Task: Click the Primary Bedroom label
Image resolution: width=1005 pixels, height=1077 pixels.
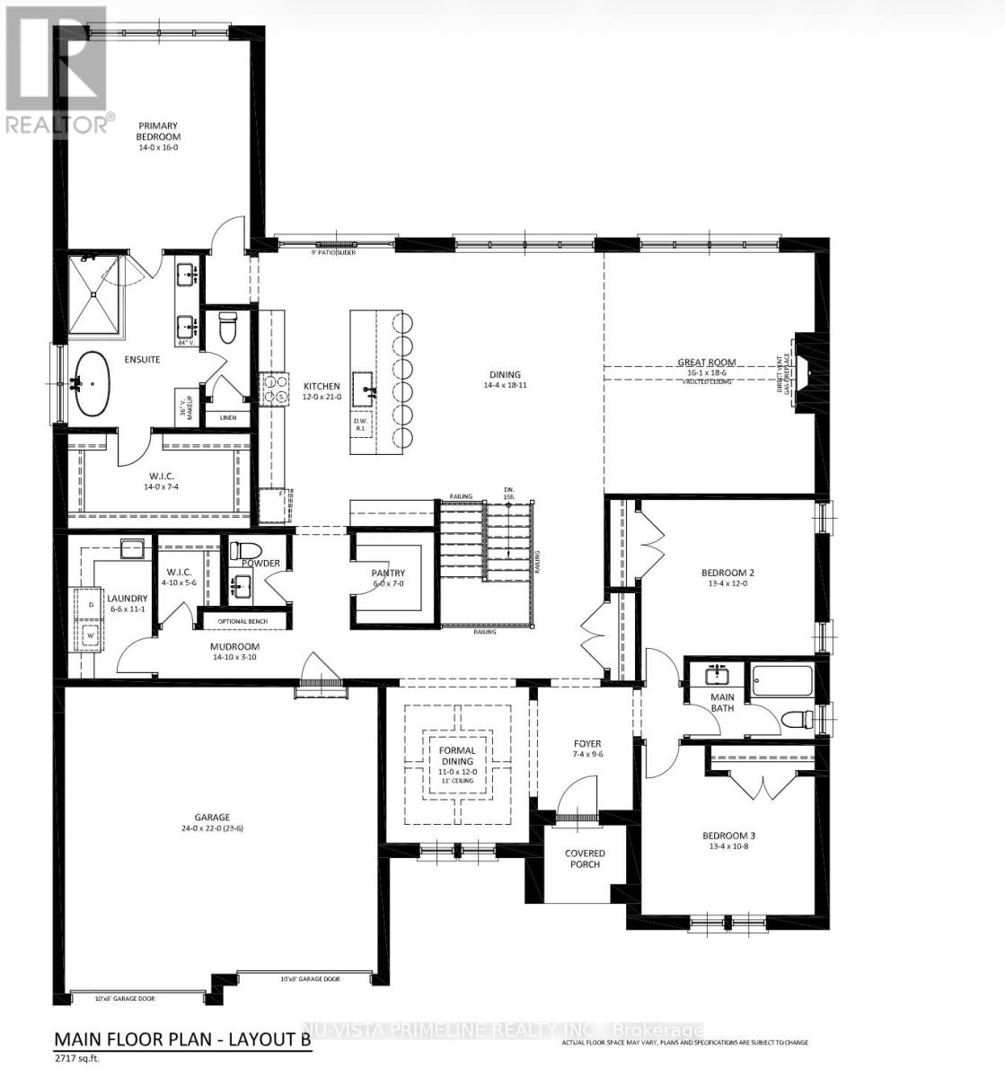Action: (158, 131)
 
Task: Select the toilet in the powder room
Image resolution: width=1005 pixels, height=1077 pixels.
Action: (244, 550)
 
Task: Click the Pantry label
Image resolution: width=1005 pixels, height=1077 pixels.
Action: (388, 573)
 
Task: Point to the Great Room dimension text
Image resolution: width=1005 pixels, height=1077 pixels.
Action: (706, 372)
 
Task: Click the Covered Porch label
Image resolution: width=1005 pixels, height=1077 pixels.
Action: (585, 858)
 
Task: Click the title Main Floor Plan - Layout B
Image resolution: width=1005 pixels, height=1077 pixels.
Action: (182, 1039)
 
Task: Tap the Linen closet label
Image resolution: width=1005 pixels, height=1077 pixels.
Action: (222, 418)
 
